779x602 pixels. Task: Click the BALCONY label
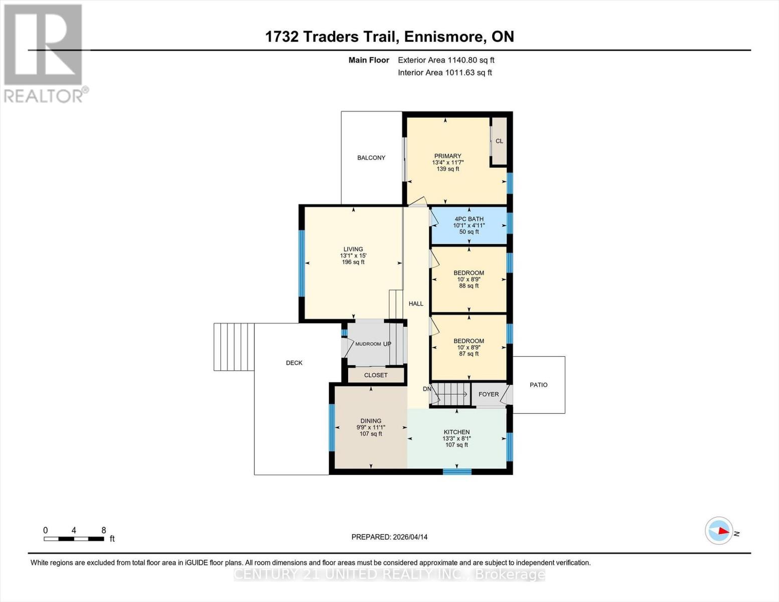371,158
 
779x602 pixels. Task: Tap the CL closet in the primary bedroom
499,141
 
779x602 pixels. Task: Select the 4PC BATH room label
469,219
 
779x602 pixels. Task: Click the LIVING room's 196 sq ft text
353,262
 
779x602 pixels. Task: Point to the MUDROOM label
368,344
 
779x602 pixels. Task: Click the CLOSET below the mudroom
376,375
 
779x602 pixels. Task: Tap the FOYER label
489,394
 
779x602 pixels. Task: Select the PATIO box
539,385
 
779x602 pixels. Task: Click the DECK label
294,363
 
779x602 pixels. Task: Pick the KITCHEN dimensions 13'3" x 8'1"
456,438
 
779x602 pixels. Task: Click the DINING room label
371,421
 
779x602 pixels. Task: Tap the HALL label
416,304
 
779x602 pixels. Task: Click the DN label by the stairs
427,389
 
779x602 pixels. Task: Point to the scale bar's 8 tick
104,531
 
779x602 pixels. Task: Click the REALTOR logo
44,53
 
